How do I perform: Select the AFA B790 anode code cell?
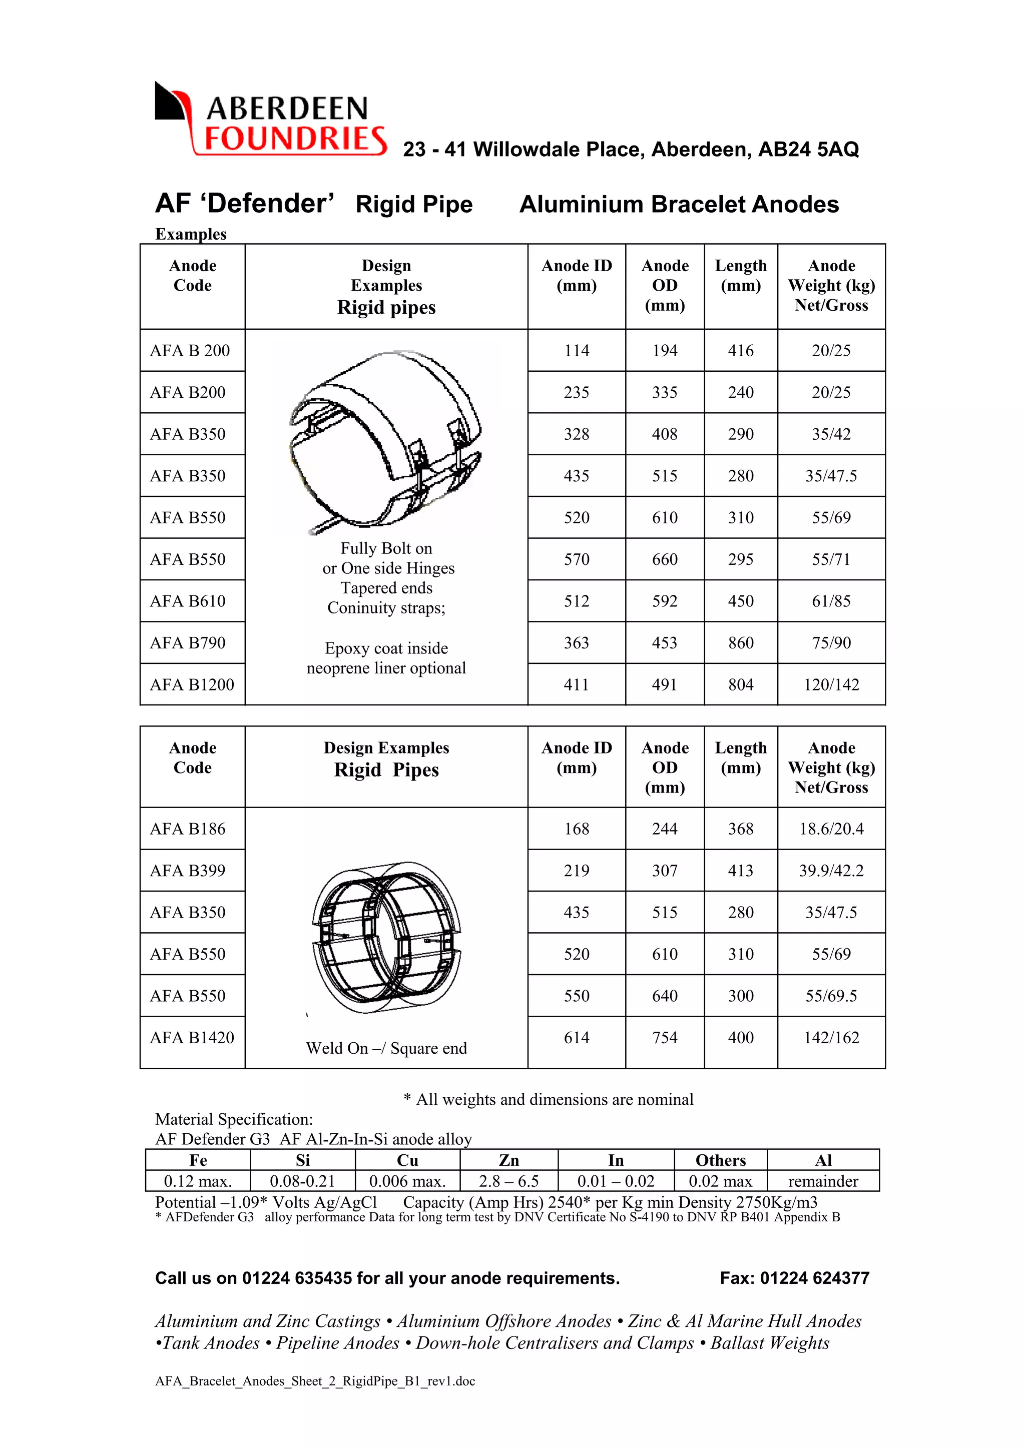[x=188, y=643]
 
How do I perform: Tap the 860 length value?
[x=740, y=643]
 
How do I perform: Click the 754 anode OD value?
[x=664, y=1038]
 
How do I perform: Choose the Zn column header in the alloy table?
[x=508, y=1160]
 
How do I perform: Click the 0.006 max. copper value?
[x=407, y=1181]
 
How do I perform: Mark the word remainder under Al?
[x=822, y=1181]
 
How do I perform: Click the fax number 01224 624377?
[x=814, y=1278]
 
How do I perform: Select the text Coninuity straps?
[x=386, y=607]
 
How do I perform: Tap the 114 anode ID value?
[x=576, y=351]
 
